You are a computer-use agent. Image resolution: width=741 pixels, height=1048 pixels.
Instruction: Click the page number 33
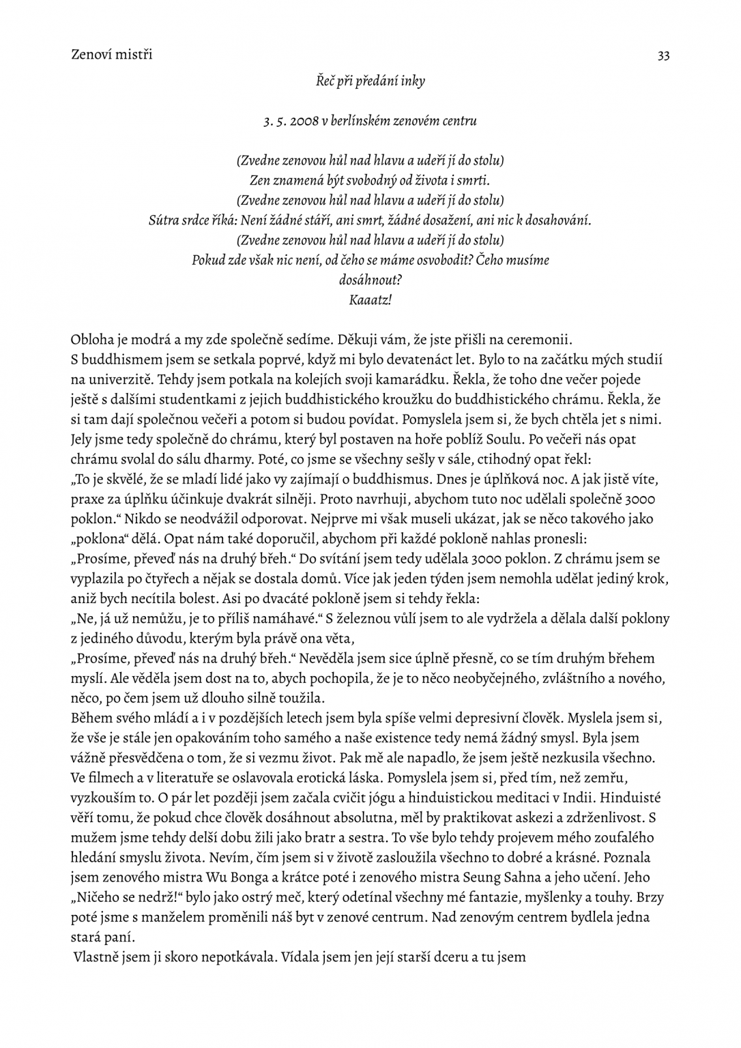point(663,56)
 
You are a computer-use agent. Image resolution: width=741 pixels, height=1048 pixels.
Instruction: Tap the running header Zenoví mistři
point(111,55)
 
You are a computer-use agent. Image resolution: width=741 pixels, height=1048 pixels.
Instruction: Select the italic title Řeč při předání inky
point(370,81)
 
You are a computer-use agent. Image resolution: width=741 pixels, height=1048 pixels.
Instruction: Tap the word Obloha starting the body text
point(92,340)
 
